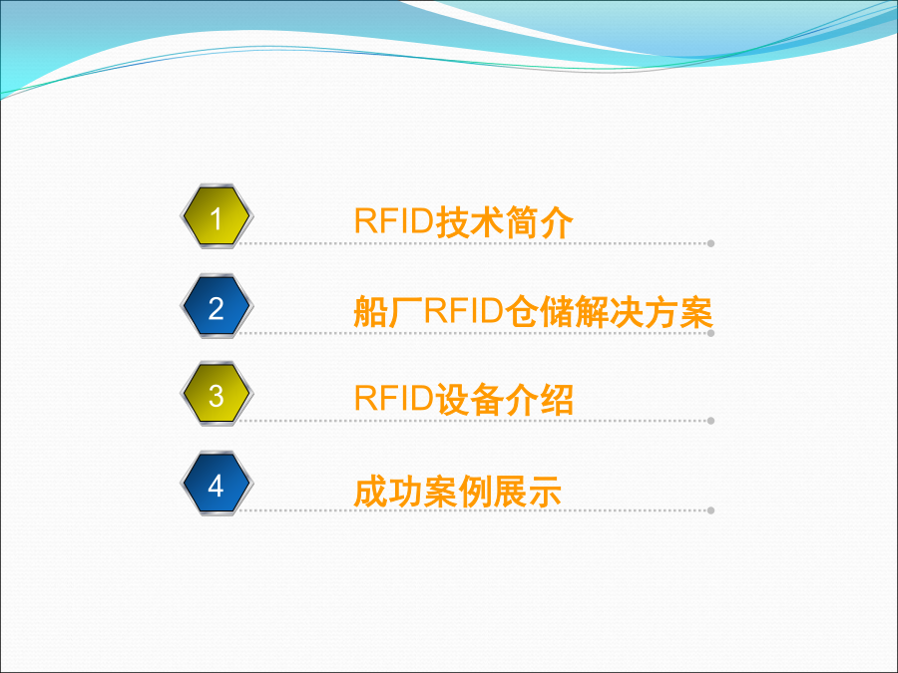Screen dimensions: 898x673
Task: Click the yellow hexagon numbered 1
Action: (217, 216)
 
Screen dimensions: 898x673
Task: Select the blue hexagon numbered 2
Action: (217, 306)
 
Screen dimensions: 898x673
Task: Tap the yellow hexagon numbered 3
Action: (217, 394)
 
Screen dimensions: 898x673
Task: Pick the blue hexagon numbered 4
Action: (217, 484)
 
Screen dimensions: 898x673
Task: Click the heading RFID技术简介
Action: (463, 221)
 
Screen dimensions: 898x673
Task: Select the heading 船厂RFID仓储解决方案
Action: (533, 311)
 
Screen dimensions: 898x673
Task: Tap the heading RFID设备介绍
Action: (463, 399)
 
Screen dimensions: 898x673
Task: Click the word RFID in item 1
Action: (394, 221)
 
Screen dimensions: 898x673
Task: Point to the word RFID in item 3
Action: (394, 398)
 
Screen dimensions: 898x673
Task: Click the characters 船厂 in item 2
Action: (388, 312)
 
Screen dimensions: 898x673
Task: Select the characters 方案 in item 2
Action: (678, 312)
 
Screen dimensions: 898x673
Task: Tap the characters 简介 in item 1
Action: (539, 222)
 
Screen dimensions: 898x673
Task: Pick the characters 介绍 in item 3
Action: (539, 400)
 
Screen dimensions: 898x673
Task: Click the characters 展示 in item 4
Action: (526, 492)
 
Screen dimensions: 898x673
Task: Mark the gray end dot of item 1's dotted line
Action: (710, 243)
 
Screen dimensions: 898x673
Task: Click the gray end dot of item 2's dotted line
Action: (710, 333)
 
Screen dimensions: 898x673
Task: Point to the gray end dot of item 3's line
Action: (710, 421)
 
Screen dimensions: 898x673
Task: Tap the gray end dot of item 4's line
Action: (710, 510)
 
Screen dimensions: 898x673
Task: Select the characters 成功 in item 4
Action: (388, 492)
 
